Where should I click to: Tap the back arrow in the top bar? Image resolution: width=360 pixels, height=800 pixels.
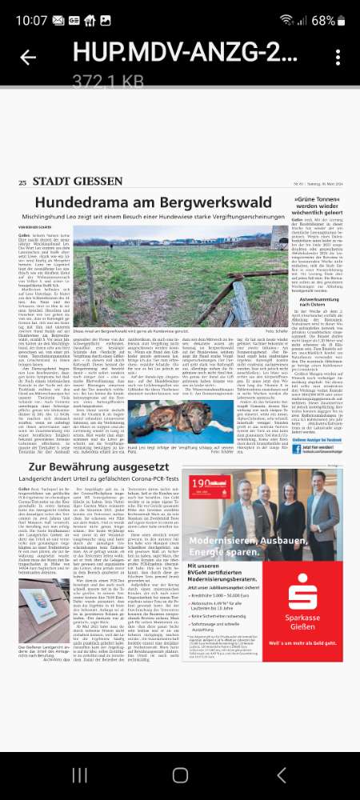[x=28, y=57]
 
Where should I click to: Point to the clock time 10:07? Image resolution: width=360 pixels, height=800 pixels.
[x=30, y=18]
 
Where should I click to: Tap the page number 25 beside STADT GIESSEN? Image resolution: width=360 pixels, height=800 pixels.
[x=22, y=183]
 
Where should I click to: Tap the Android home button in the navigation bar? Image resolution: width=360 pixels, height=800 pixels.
[x=180, y=775]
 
